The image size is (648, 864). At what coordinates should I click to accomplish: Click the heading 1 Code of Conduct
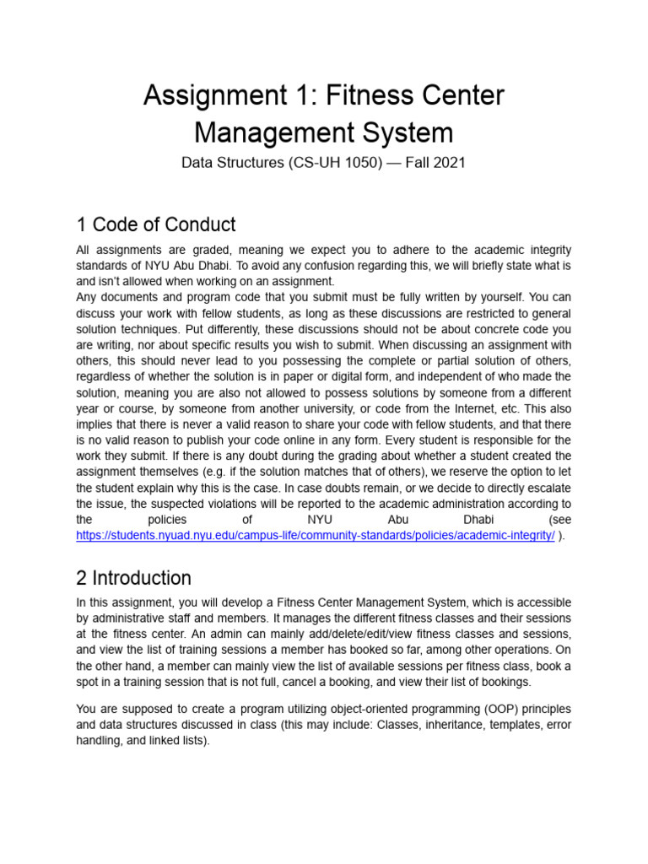[156, 224]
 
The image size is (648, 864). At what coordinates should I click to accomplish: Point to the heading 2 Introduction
[134, 578]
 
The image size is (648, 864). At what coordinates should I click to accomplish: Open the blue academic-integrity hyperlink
[316, 536]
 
